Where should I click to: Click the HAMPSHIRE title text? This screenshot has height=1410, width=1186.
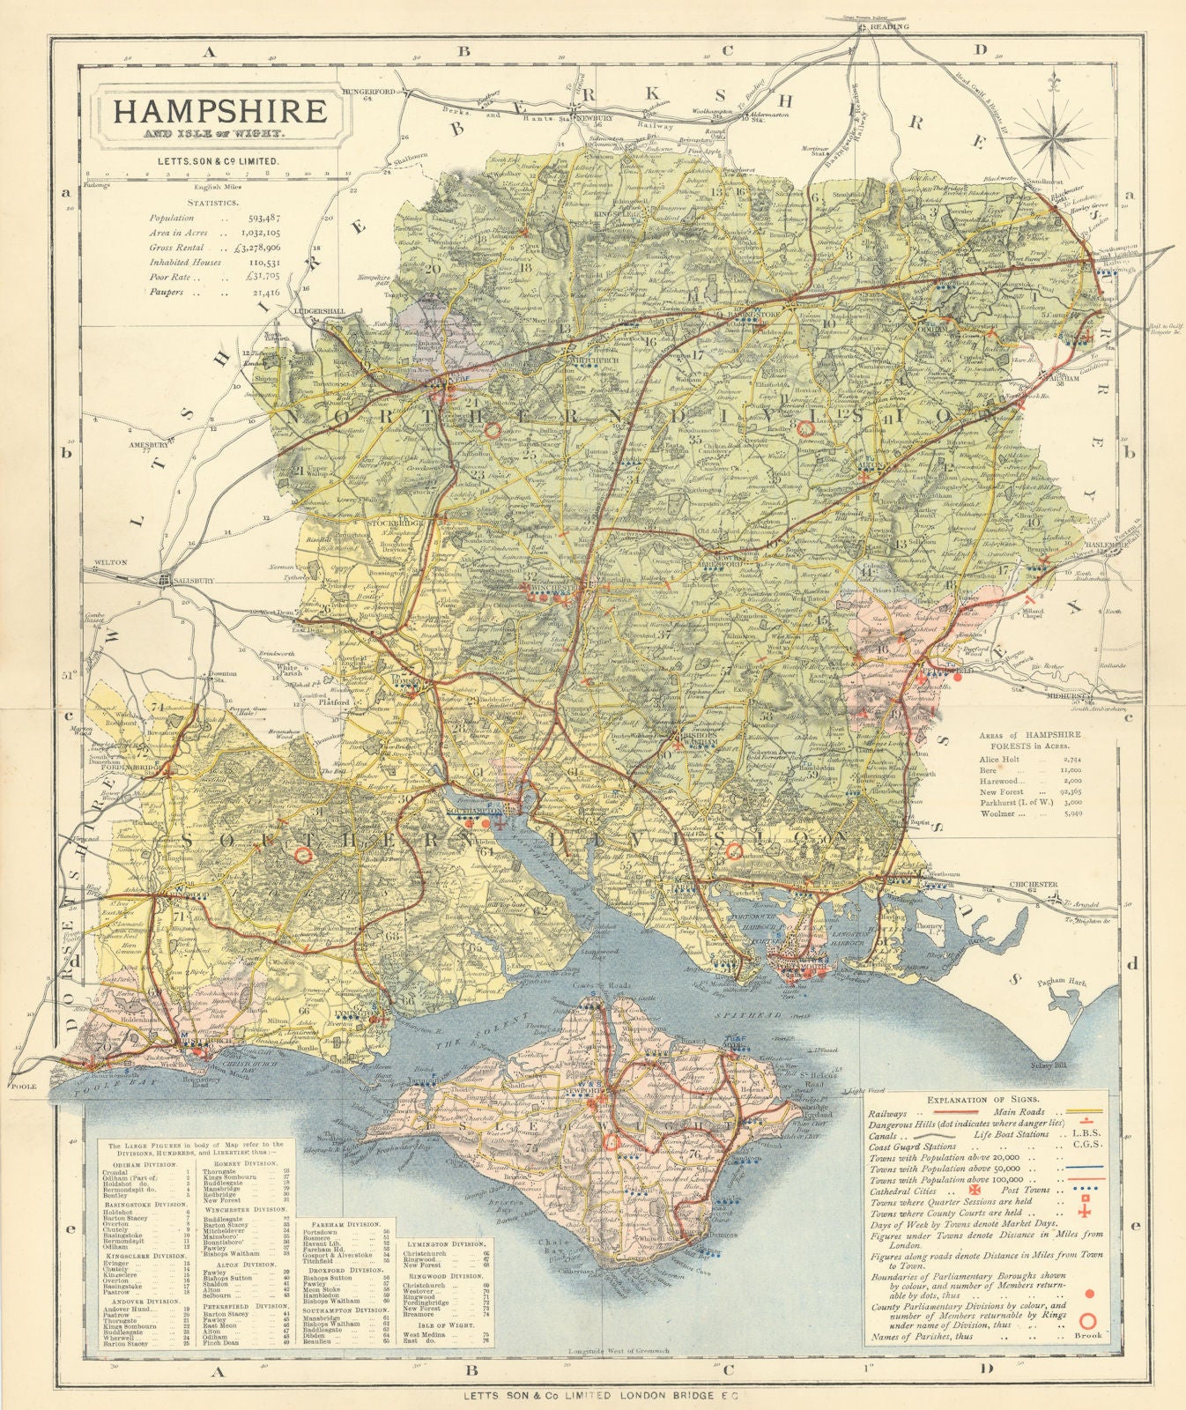point(217,114)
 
